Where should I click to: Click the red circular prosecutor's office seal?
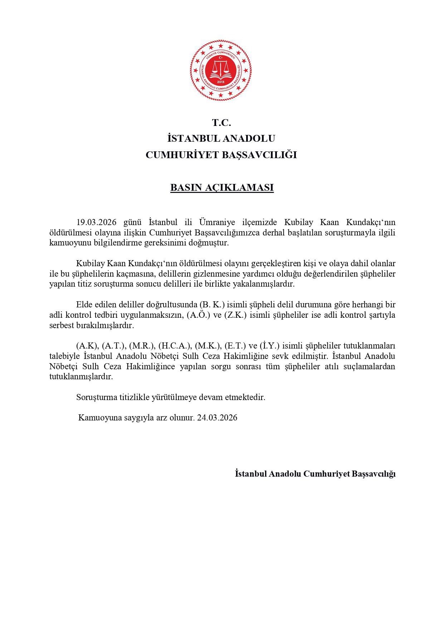click(x=221, y=70)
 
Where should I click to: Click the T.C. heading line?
click(x=221, y=123)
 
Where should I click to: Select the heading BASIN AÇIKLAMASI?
click(x=222, y=188)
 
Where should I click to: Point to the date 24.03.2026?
click(x=217, y=418)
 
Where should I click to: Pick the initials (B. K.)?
click(x=212, y=305)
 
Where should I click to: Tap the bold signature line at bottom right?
click(x=315, y=474)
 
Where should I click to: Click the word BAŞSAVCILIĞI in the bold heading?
click(x=259, y=155)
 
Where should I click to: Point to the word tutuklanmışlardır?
click(x=81, y=377)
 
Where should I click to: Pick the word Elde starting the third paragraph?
click(x=84, y=305)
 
